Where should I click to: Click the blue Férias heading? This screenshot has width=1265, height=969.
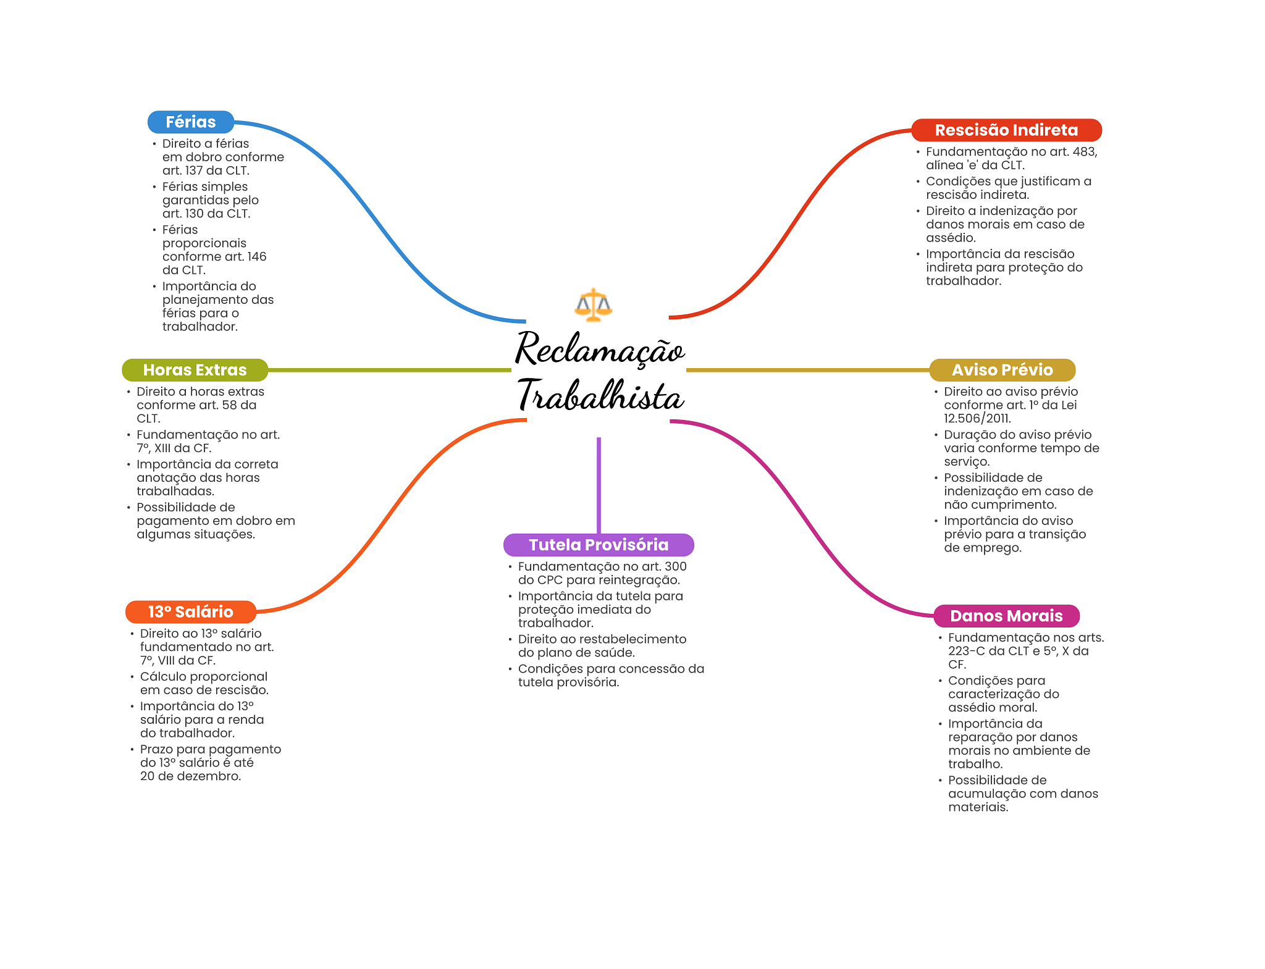point(190,122)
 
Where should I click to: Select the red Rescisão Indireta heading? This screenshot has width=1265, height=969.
point(1006,130)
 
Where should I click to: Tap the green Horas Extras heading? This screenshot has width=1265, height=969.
point(195,369)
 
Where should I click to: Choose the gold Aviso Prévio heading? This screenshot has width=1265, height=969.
point(1002,369)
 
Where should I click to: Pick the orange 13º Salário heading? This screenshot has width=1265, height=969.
point(190,611)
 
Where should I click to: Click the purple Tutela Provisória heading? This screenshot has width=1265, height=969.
point(599,545)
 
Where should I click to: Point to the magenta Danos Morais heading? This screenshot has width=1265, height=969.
point(1006,616)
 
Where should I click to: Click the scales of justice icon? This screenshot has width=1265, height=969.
point(593,304)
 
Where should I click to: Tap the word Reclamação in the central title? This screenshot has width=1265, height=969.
point(600,350)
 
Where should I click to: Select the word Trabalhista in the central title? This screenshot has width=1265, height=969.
point(600,396)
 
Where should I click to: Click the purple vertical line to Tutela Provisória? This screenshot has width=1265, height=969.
point(599,485)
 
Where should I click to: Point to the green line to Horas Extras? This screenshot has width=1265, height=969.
point(389,370)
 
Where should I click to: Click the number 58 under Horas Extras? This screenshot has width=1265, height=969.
point(230,405)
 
